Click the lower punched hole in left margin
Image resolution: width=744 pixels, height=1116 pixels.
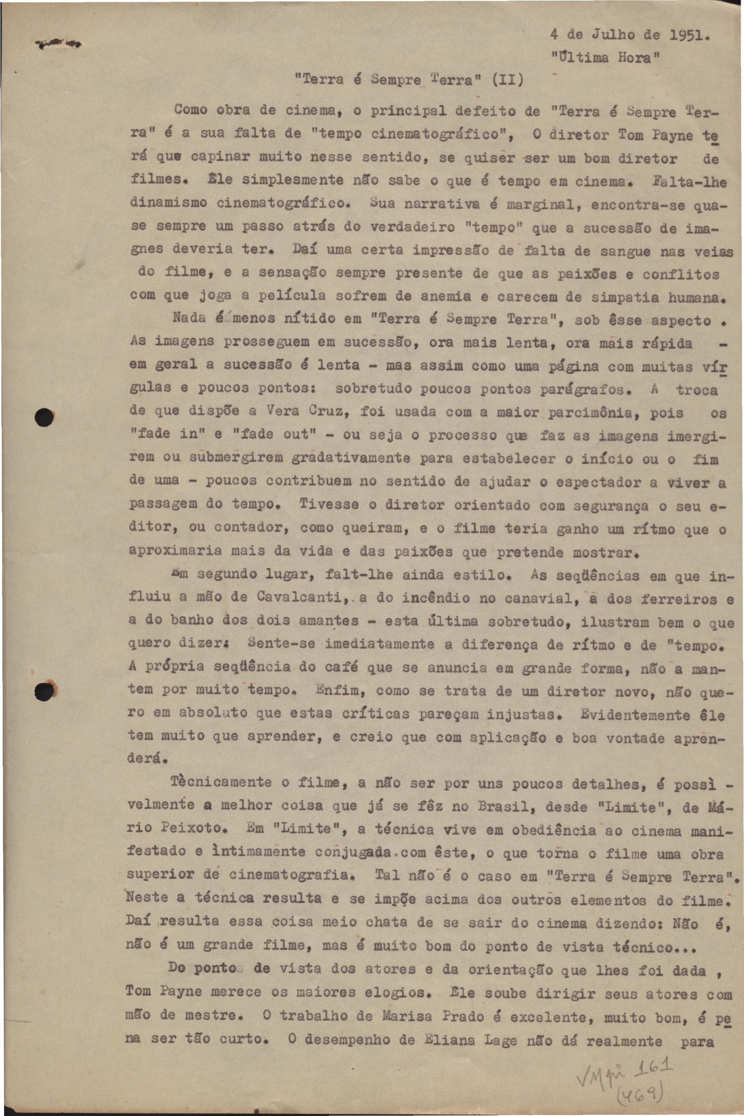tap(45, 690)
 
